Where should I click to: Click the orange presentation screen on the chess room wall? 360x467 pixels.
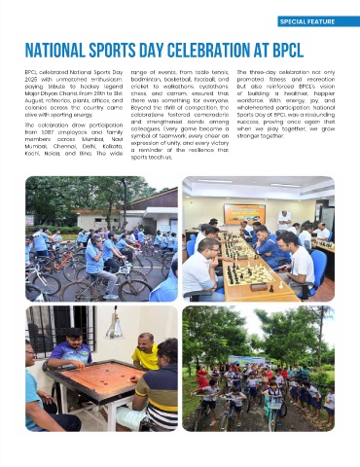pos(243,213)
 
